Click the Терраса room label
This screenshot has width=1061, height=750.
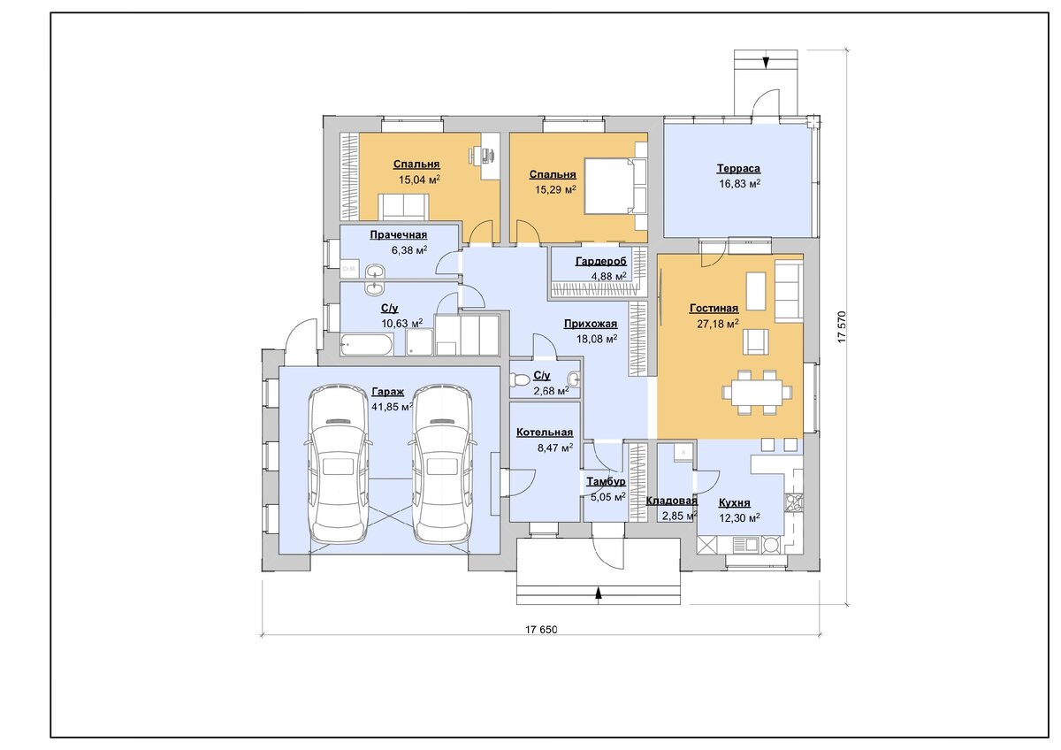pyautogui.click(x=738, y=168)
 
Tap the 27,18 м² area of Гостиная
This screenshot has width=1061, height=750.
pyautogui.click(x=718, y=324)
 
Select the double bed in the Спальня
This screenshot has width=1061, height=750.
pyautogui.click(x=615, y=187)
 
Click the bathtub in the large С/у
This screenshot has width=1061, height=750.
pyautogui.click(x=367, y=344)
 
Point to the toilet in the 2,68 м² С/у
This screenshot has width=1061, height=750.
pyautogui.click(x=519, y=380)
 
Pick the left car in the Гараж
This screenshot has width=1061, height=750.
pyautogui.click(x=338, y=463)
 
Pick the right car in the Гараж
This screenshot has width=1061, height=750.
pyautogui.click(x=442, y=463)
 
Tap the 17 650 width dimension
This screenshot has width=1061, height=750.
pyautogui.click(x=541, y=630)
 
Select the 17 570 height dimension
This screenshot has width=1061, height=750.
pyautogui.click(x=841, y=327)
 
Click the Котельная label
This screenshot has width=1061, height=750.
pyautogui.click(x=545, y=432)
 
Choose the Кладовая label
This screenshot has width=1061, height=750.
pyautogui.click(x=672, y=501)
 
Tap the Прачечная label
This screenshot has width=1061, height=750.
pyautogui.click(x=399, y=235)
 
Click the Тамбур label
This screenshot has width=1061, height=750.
pyautogui.click(x=606, y=482)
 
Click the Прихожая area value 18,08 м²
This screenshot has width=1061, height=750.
pyautogui.click(x=596, y=340)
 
